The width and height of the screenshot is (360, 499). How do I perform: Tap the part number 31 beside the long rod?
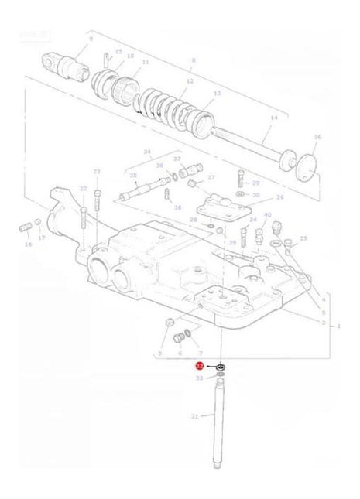click(195, 417)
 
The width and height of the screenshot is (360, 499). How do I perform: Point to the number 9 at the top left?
click(91, 38)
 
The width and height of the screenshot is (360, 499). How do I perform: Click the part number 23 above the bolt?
click(97, 171)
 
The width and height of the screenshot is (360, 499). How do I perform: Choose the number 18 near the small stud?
click(29, 244)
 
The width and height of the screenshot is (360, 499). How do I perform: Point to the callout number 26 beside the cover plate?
click(280, 197)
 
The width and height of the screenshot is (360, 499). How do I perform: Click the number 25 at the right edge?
click(303, 238)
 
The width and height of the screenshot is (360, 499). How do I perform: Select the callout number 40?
click(268, 215)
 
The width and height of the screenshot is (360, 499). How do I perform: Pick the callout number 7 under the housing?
click(200, 353)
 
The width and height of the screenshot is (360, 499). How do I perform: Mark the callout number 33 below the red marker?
click(200, 378)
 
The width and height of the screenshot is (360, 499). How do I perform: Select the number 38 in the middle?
click(177, 207)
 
